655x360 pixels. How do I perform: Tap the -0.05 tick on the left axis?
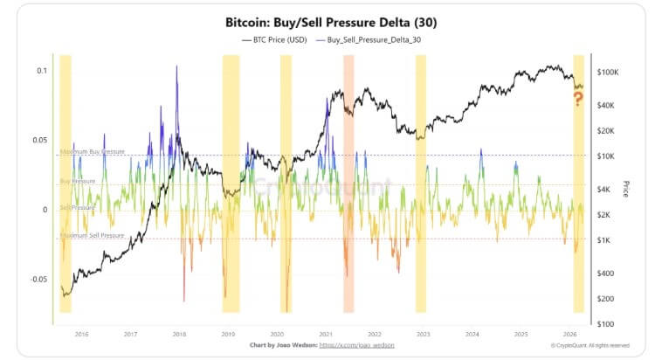37,280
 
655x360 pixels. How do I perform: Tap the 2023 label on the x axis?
423,334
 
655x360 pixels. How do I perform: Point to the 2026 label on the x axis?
569,334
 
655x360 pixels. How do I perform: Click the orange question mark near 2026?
578,99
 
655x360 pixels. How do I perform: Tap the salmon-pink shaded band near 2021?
348,183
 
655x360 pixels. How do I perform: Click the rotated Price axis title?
625,188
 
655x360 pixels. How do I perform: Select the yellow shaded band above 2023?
421,183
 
